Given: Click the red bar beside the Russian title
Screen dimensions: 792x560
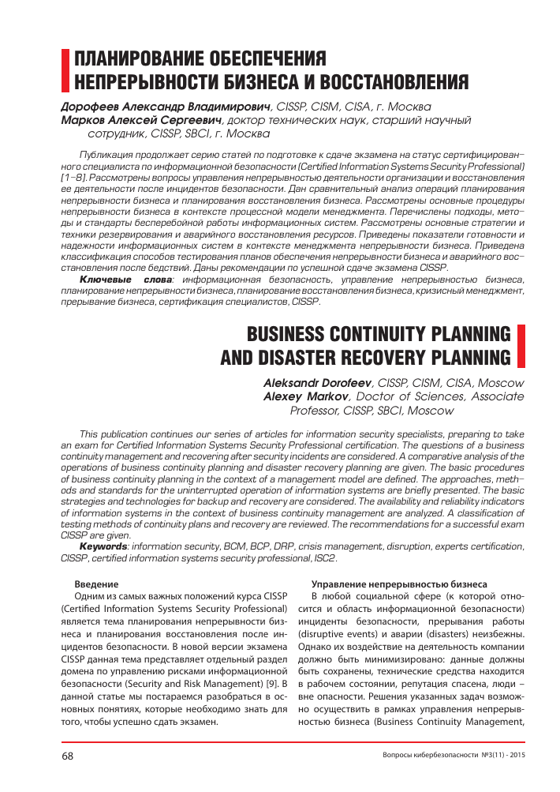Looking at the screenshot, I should tap(65, 70).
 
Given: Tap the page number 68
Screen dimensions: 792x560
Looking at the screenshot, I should tap(68, 756).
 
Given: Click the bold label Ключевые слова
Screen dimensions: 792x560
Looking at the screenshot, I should tap(126, 281).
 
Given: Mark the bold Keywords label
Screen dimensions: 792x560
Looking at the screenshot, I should tap(104, 546).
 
